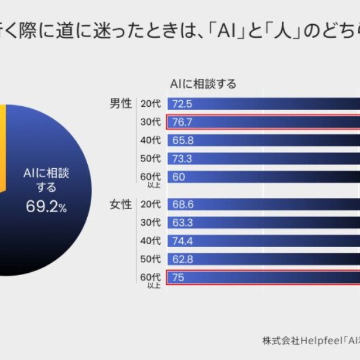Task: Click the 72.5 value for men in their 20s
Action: [183, 103]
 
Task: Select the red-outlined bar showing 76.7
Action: [264, 122]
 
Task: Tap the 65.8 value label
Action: [183, 140]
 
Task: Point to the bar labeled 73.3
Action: [264, 159]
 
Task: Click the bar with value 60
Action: [264, 177]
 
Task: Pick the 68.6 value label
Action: [183, 204]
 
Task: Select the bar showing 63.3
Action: [264, 222]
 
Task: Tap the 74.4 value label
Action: [183, 241]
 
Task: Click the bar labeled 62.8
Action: [264, 259]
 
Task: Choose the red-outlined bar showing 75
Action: [264, 278]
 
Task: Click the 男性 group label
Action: [120, 103]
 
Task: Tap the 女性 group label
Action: [120, 204]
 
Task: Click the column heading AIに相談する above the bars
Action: [203, 84]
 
